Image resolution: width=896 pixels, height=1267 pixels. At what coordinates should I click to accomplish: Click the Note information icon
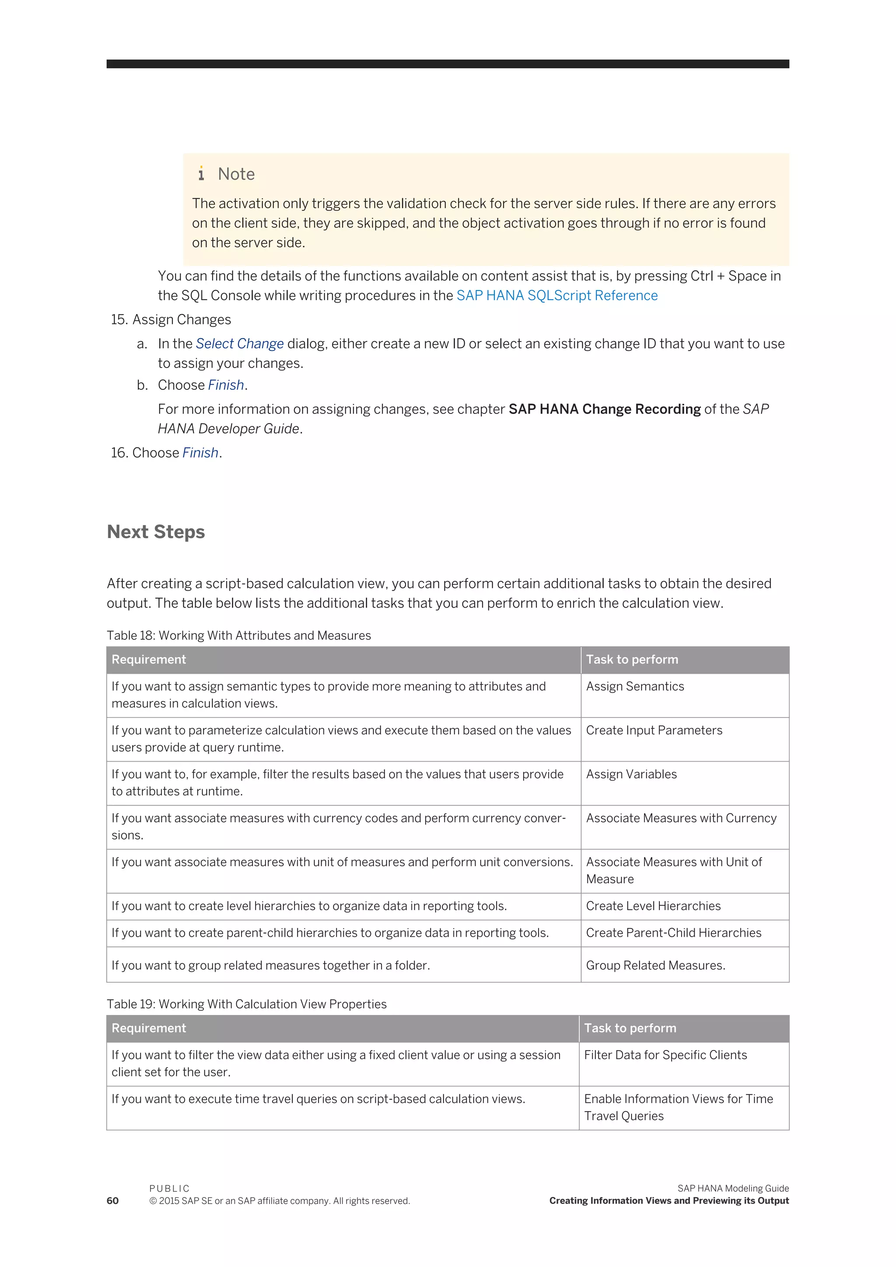tap(201, 174)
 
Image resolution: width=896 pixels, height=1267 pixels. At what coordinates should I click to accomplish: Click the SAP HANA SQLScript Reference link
tap(556, 296)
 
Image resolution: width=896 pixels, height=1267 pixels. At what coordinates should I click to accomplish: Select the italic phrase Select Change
tap(239, 344)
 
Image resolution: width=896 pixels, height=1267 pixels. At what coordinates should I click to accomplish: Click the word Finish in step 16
tap(200, 453)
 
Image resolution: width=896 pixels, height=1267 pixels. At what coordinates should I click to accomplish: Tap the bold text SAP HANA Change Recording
tap(604, 409)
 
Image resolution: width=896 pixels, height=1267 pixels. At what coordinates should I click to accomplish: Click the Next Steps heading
tap(156, 532)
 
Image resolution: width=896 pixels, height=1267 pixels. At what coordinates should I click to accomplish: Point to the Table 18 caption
tap(238, 636)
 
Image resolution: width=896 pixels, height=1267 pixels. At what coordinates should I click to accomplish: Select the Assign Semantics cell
tap(634, 686)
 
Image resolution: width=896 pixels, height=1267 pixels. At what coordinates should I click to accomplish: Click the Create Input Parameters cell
tap(653, 731)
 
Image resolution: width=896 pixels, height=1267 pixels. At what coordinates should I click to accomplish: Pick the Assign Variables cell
tap(631, 774)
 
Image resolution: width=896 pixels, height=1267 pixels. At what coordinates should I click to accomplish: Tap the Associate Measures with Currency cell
tap(681, 819)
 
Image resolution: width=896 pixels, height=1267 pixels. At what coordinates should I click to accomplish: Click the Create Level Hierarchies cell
tap(653, 906)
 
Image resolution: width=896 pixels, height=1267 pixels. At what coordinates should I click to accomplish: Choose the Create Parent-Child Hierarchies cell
tap(673, 933)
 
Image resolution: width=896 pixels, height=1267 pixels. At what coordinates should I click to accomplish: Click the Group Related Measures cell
tap(655, 966)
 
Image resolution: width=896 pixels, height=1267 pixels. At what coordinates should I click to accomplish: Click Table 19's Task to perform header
tap(630, 1029)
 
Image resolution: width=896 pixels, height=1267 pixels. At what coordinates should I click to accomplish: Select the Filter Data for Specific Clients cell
tap(665, 1055)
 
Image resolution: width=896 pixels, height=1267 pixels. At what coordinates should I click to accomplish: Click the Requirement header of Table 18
tap(148, 660)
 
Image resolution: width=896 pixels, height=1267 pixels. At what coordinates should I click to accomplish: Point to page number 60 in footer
tap(112, 1201)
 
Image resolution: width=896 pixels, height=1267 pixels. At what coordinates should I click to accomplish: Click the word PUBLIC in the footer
tap(169, 1189)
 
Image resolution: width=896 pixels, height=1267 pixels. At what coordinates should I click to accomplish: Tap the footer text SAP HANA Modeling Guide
tap(733, 1189)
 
